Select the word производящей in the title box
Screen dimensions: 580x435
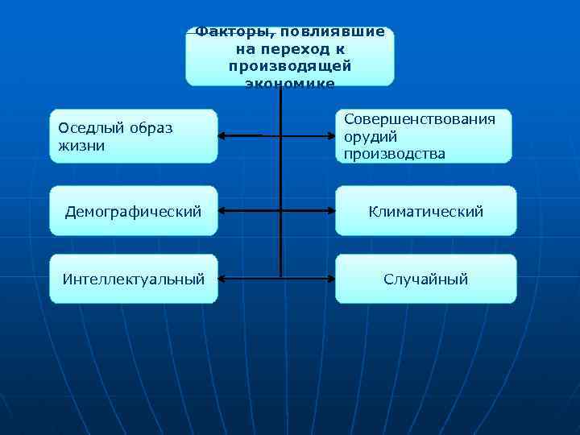tap(289, 66)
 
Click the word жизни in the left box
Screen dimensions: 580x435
tap(77, 146)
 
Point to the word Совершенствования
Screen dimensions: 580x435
tap(419, 118)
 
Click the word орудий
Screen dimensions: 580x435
tap(371, 135)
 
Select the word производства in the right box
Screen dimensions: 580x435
tap(394, 153)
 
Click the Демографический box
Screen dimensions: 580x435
tap(133, 211)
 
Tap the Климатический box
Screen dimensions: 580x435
tap(425, 211)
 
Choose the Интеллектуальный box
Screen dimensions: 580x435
tap(133, 279)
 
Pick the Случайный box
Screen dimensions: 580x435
tap(425, 279)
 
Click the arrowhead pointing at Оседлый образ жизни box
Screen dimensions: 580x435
tap(223, 135)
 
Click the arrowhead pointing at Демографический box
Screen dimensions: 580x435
tap(223, 211)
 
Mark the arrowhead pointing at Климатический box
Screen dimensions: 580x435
tap(330, 211)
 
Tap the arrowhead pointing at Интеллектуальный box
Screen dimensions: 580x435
tap(223, 279)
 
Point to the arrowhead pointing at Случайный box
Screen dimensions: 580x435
tap(330, 279)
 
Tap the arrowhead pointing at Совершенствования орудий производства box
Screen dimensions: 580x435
tap(330, 135)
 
